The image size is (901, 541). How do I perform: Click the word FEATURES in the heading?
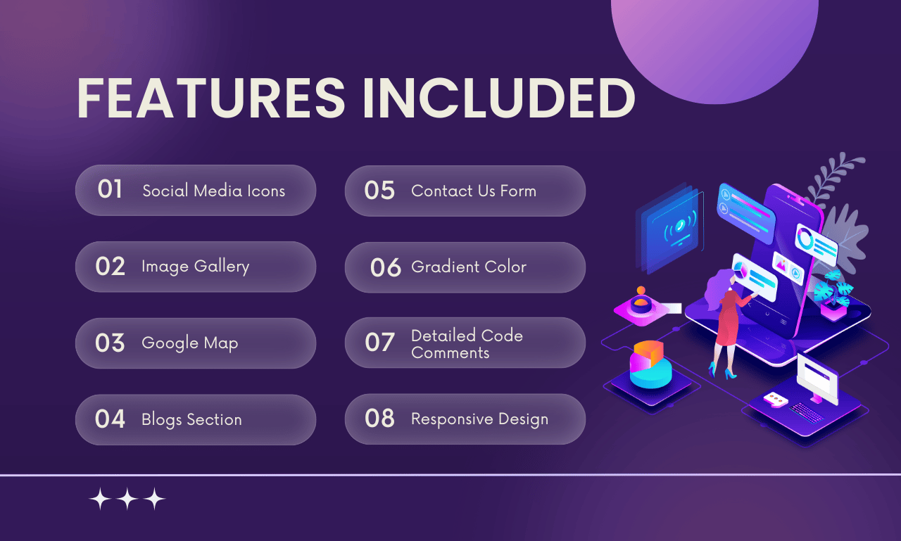click(210, 98)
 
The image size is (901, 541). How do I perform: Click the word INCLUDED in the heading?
click(499, 98)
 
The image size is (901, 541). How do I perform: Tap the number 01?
click(110, 189)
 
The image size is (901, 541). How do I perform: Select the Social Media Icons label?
click(213, 191)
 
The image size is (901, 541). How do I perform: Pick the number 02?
click(110, 266)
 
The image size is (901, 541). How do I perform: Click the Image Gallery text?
click(196, 267)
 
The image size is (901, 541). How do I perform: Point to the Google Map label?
click(190, 343)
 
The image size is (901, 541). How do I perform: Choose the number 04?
click(110, 419)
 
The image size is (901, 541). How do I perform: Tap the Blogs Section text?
click(191, 419)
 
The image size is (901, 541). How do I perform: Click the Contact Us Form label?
click(474, 191)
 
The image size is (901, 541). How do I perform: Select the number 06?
click(385, 268)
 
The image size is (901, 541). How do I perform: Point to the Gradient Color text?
click(469, 267)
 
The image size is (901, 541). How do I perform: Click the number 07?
click(379, 343)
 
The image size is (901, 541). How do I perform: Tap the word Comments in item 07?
click(450, 353)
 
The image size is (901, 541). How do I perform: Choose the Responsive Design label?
click(479, 419)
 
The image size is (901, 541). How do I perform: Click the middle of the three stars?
click(127, 499)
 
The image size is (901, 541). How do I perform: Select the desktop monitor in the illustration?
click(817, 379)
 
